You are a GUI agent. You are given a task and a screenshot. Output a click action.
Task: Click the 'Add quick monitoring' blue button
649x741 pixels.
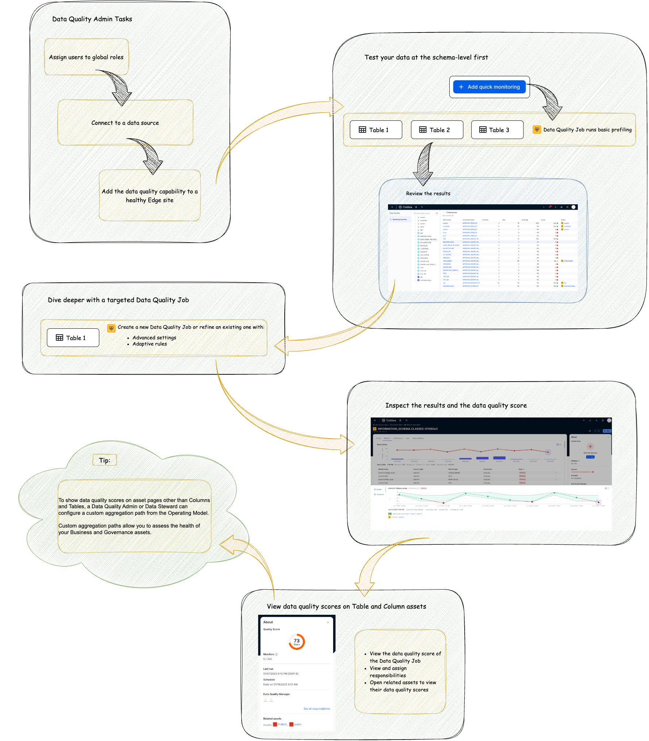[489, 87]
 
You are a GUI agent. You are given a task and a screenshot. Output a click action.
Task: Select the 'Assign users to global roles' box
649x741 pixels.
[86, 57]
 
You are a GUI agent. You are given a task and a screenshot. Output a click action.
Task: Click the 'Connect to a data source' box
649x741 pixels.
[125, 123]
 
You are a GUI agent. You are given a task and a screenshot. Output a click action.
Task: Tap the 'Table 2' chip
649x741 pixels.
[437, 130]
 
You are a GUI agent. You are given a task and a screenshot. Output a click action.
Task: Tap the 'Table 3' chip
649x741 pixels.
[497, 130]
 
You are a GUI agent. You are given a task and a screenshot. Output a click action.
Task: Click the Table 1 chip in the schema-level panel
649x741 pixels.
[376, 130]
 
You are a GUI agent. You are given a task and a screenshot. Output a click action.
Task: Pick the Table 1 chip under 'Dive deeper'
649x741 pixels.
[73, 338]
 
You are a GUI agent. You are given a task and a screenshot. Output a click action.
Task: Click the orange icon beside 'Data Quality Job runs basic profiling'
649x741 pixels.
[537, 130]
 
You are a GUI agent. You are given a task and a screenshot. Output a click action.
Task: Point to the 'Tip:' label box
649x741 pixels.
[104, 460]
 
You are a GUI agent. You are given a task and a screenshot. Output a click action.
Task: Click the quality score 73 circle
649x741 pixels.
[296, 641]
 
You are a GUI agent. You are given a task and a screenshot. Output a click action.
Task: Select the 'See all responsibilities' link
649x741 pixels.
[316, 709]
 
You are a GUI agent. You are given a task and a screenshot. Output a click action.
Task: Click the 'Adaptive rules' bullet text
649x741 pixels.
[150, 344]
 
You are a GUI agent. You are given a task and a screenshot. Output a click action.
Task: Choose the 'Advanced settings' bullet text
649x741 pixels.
[154, 337]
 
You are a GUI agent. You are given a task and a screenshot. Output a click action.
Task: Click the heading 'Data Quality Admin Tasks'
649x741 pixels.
[92, 19]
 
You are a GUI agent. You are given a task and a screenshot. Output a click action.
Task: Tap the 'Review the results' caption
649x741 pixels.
[428, 193]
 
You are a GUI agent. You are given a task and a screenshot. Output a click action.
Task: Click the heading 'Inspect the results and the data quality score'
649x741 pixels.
[456, 405]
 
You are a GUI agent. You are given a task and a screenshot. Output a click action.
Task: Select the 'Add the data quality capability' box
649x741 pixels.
[150, 196]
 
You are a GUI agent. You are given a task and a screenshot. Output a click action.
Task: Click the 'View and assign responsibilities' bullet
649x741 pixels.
[388, 672]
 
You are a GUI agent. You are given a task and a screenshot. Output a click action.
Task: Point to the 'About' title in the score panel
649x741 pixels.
[268, 622]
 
